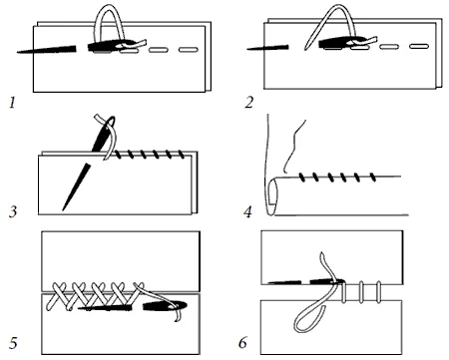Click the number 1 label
coord(12,103)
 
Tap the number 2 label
coord(248,102)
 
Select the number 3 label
coord(13,211)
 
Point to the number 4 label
coord(247,211)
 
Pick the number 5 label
coord(13,343)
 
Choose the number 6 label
coord(243,342)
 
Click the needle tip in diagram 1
coord(18,52)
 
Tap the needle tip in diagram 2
coord(247,49)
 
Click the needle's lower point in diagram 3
coord(63,209)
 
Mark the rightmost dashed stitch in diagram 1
coord(189,50)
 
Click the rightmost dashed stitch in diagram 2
coord(419,46)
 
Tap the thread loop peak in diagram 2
coord(338,6)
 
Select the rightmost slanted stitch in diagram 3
coord(182,155)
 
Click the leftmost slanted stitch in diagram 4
coord(302,178)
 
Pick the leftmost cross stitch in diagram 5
coord(59,296)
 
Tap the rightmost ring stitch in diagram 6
coord(378,292)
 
